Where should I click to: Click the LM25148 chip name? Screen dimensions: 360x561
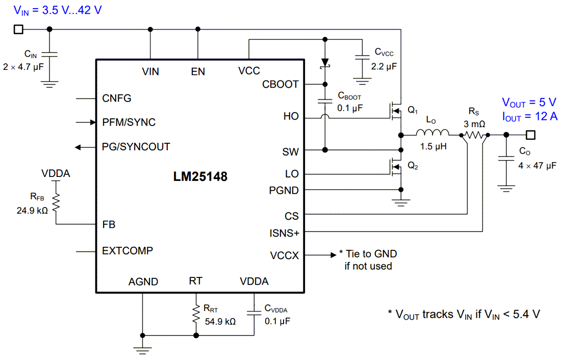tap(200, 177)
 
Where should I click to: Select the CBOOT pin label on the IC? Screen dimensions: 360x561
tap(280, 84)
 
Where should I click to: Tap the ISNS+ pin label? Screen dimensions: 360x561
tap(284, 233)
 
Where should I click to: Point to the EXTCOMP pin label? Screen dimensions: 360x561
tap(127, 251)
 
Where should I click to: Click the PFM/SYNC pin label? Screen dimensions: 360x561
tap(129, 122)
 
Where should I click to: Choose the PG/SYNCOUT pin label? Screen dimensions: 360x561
tap(136, 147)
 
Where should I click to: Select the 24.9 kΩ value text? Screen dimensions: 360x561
tap(33, 210)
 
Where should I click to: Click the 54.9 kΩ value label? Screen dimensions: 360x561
tap(220, 322)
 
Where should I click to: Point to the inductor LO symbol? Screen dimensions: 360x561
tap(433, 135)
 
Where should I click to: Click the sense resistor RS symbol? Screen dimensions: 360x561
tap(474, 135)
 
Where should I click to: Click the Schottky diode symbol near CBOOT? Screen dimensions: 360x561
tap(324, 63)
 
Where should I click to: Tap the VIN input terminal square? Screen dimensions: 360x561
tap(18, 29)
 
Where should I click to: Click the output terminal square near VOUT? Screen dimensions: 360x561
tap(531, 135)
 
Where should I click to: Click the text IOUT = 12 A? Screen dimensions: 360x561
tap(529, 116)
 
